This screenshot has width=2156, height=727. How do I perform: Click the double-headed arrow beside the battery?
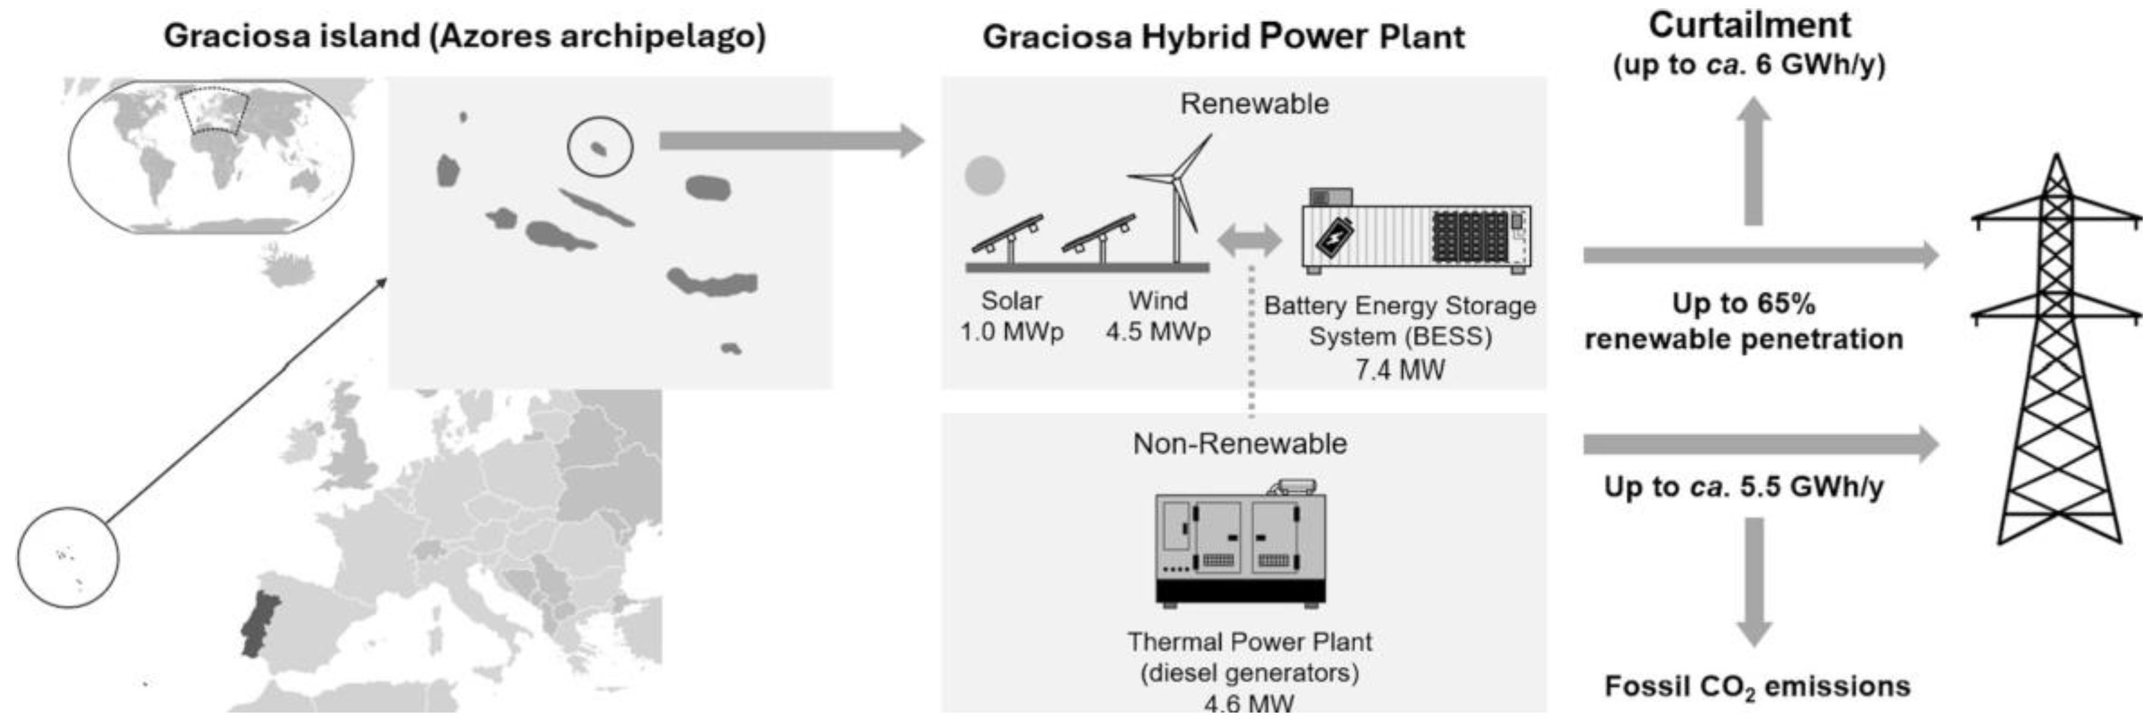point(1249,241)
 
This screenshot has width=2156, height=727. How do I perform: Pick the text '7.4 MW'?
point(1399,369)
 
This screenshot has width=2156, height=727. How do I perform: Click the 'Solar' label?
point(1011,300)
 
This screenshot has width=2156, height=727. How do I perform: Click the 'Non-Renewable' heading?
point(1240,444)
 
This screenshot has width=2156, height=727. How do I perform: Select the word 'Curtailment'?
point(1749,25)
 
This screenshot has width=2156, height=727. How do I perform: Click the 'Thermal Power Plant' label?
point(1249,642)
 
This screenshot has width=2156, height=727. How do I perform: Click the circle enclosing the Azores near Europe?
point(68,557)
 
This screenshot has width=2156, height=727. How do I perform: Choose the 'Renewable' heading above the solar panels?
point(1254,104)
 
